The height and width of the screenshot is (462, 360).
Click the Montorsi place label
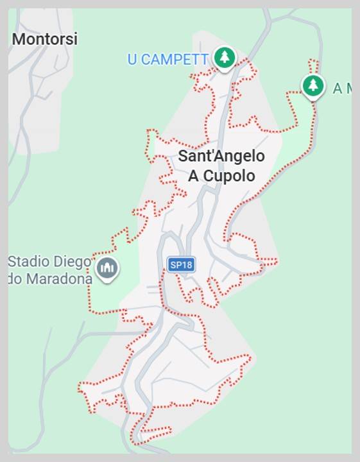45,39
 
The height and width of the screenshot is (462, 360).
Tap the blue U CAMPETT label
167,60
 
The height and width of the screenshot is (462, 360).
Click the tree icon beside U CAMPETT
224,58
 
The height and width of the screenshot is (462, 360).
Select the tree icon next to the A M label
313,85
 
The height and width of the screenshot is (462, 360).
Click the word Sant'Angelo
221,156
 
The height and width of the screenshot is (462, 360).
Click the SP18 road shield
181,264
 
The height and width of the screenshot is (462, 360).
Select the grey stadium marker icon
107,268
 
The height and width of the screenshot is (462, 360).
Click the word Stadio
28,262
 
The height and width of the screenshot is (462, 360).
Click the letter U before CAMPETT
133,60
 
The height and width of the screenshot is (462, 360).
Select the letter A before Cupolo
193,176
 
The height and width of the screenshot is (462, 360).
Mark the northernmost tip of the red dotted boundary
313,61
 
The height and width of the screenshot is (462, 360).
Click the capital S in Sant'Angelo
182,156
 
